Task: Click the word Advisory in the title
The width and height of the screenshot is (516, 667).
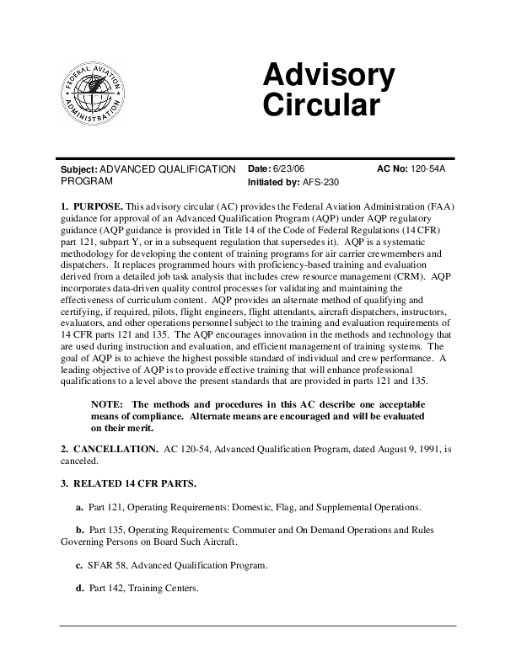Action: point(328,77)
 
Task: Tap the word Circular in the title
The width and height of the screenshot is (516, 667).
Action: point(321,107)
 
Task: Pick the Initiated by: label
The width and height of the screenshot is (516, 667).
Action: point(273,182)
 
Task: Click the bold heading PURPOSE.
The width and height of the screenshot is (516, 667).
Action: point(99,205)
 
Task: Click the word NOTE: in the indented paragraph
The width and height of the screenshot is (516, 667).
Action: point(108,403)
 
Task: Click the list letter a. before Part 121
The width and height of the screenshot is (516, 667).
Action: point(80,508)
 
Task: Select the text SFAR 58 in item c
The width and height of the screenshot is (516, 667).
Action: point(109,564)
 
